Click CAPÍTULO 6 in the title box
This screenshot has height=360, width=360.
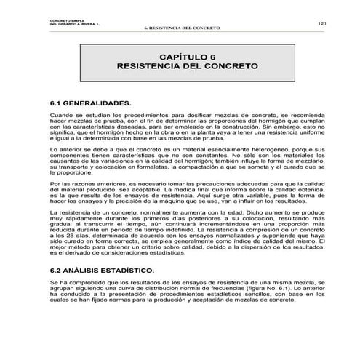pos(187,55)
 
